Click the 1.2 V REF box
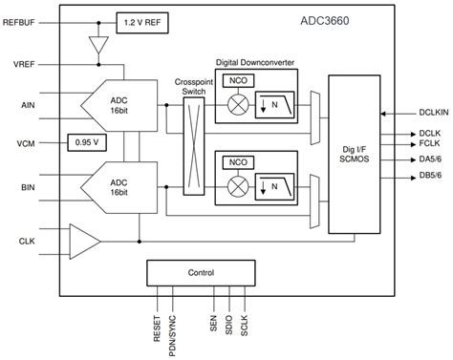144,20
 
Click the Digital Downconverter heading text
258,62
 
